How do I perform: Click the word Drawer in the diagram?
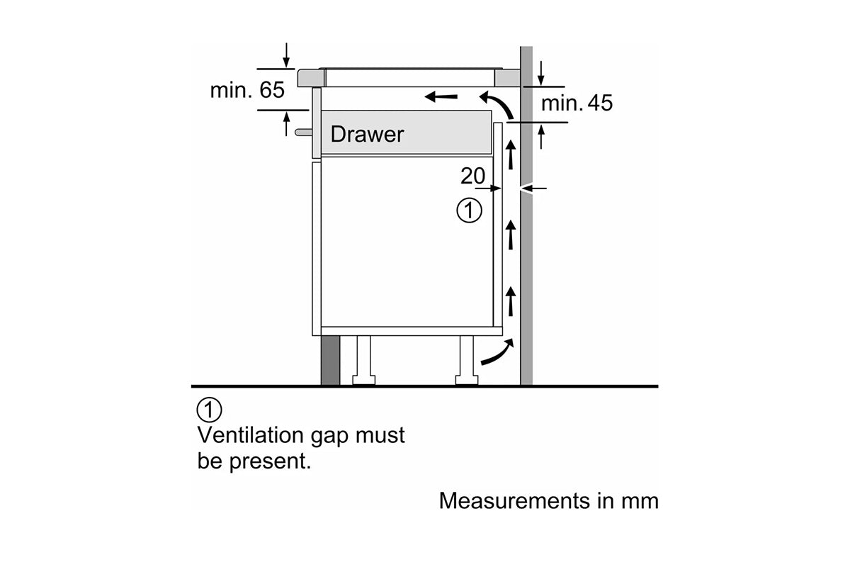(x=367, y=134)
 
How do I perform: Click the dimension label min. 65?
(x=246, y=90)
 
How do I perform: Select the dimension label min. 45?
(x=577, y=103)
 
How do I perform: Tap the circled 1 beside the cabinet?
(x=469, y=210)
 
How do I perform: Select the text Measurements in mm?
(x=548, y=500)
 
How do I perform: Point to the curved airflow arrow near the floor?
(x=496, y=352)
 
